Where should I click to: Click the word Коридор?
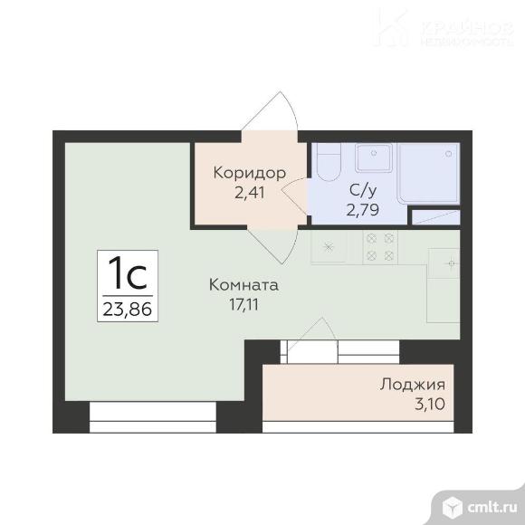(249, 172)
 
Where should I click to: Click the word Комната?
(243, 285)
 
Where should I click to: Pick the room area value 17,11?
(243, 304)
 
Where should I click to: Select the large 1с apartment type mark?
(128, 271)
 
